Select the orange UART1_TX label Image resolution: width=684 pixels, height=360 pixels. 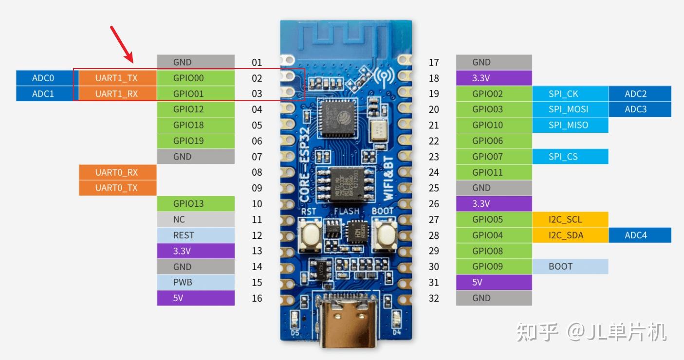[117, 78]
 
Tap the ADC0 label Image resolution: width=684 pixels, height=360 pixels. [44, 78]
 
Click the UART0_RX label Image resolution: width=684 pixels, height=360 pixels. [117, 172]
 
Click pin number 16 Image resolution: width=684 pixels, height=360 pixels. [257, 298]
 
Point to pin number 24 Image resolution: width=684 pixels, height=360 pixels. [434, 172]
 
